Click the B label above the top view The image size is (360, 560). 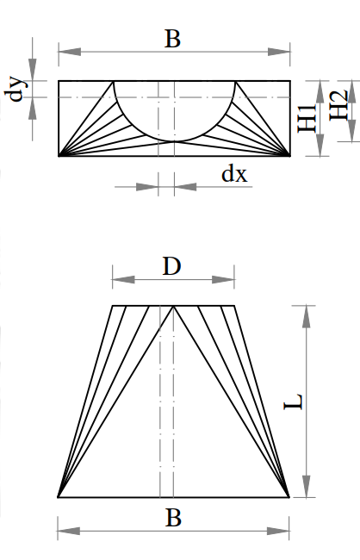pyautogui.click(x=172, y=39)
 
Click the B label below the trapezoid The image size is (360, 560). pyautogui.click(x=173, y=518)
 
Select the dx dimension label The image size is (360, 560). pyautogui.click(x=234, y=175)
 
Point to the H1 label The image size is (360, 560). pyautogui.click(x=307, y=118)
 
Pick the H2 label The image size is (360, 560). pyautogui.click(x=338, y=105)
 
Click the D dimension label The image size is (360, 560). pyautogui.click(x=171, y=266)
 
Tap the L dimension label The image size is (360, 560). pyautogui.click(x=294, y=401)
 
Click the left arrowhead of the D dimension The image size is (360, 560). pyautogui.click(x=123, y=279)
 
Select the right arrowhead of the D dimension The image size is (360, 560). pyautogui.click(x=223, y=279)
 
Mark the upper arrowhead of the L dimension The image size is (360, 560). pyautogui.click(x=306, y=316)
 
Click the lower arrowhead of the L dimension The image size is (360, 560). pyautogui.click(x=306, y=486)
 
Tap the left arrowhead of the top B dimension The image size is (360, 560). pyautogui.click(x=70, y=52)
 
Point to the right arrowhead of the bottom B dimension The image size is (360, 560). pyautogui.click(x=278, y=531)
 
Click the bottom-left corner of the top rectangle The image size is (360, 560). pyautogui.click(x=59, y=156)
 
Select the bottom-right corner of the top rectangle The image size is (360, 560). pyautogui.click(x=290, y=156)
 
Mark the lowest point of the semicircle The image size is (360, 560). pyautogui.click(x=174, y=141)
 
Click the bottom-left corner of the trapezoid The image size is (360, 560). pyautogui.click(x=58, y=497)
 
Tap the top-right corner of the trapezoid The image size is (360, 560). pyautogui.click(x=234, y=306)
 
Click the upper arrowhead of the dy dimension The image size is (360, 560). pyautogui.click(x=33, y=70)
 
